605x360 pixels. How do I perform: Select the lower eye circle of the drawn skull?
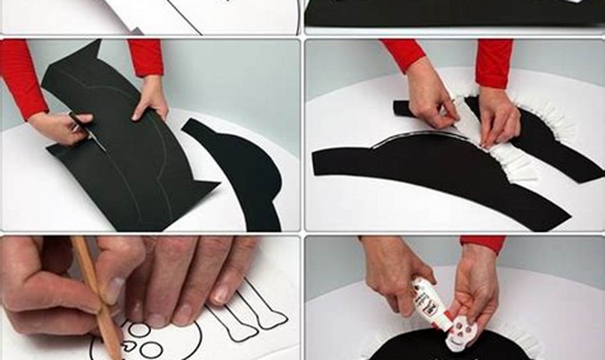(151, 350)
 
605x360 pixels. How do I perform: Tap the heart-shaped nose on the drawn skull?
(128, 347)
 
